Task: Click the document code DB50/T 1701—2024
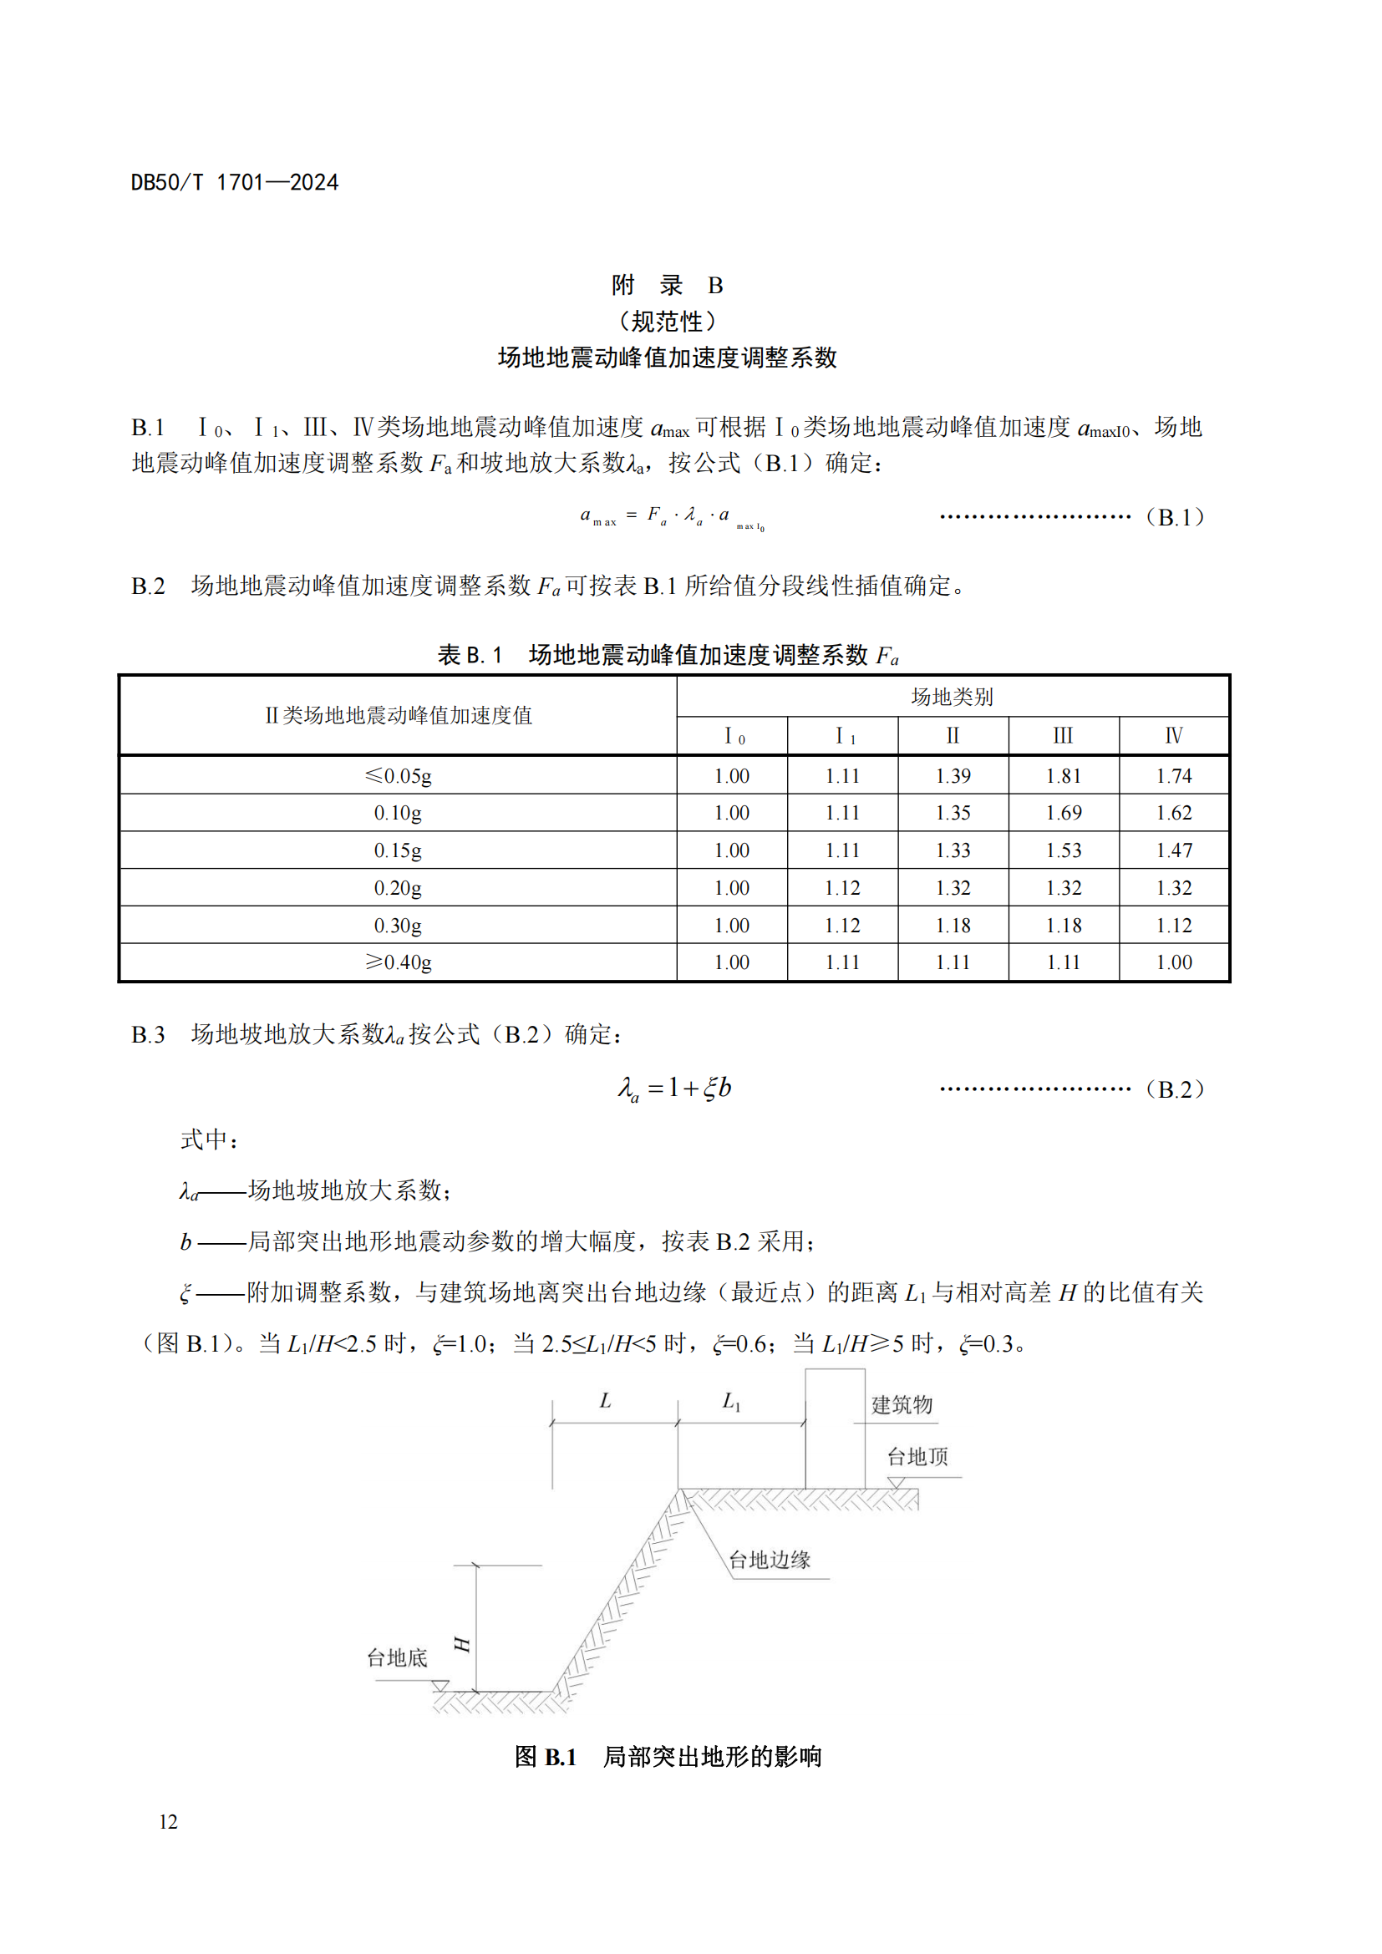[x=234, y=182]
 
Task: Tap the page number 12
[x=168, y=1821]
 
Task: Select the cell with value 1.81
[x=1063, y=775]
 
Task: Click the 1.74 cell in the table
[x=1173, y=775]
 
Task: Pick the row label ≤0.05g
[x=398, y=775]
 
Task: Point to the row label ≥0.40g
[x=398, y=962]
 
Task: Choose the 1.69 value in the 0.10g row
[x=1063, y=813]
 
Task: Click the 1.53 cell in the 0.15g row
[x=1063, y=850]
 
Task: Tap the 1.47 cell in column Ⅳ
[x=1173, y=850]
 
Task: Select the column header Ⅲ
[x=1063, y=735]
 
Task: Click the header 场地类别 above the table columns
[x=953, y=696]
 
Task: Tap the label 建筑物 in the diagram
[x=902, y=1404]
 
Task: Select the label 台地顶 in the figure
[x=917, y=1456]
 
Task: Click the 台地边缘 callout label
[x=770, y=1560]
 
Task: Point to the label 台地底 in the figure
[x=397, y=1657]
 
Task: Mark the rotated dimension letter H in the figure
[x=462, y=1643]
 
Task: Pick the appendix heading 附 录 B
[x=668, y=285]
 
